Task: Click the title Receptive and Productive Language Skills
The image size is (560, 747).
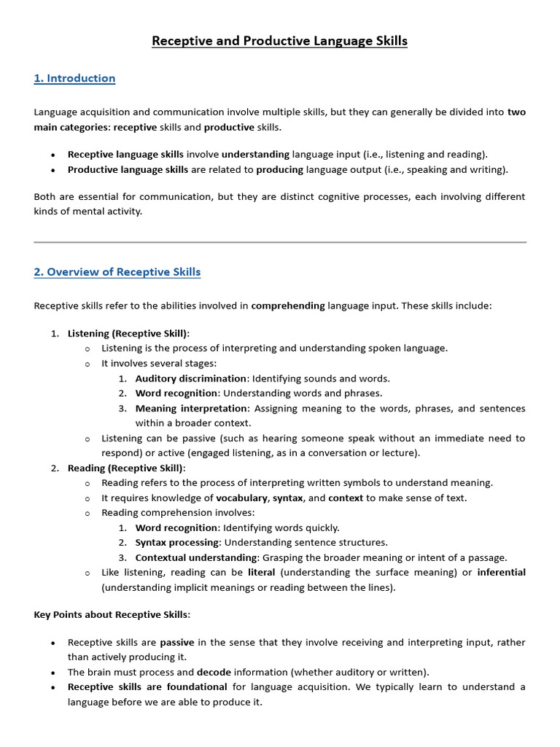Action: [x=279, y=41]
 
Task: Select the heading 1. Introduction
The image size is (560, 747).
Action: [x=74, y=78]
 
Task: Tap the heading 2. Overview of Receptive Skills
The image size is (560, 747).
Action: [x=117, y=272]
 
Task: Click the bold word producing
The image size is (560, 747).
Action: [x=279, y=170]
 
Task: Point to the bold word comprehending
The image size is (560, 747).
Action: [x=288, y=306]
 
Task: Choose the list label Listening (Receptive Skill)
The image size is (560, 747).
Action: [x=128, y=333]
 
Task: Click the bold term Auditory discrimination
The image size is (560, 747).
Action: [x=190, y=379]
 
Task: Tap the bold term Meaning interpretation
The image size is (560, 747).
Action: [x=192, y=409]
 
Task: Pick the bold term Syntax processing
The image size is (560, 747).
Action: [x=177, y=543]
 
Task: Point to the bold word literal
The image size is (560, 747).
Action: [x=261, y=573]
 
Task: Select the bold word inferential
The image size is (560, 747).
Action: [x=501, y=573]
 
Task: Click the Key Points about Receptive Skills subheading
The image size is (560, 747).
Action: [x=111, y=615]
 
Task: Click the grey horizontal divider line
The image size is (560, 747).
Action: [x=279, y=241]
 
